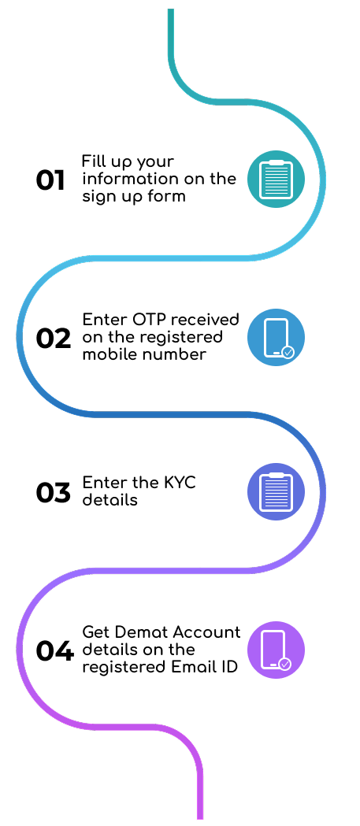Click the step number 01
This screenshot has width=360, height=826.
coord(50,180)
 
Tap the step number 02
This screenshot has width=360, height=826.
coord(54,339)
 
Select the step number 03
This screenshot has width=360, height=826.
coord(54,493)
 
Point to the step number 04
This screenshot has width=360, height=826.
coord(54,651)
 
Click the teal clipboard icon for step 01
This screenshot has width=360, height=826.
coord(276,179)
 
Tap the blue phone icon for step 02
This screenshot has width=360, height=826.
coord(276,337)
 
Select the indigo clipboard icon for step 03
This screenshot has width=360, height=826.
coord(276,491)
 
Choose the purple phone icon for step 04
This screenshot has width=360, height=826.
coord(276,650)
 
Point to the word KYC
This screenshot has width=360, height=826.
coord(178,483)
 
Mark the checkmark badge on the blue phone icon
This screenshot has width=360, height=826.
coord(288,353)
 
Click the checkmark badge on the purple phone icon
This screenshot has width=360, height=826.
coord(284,665)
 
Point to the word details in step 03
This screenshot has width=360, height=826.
coord(110,499)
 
